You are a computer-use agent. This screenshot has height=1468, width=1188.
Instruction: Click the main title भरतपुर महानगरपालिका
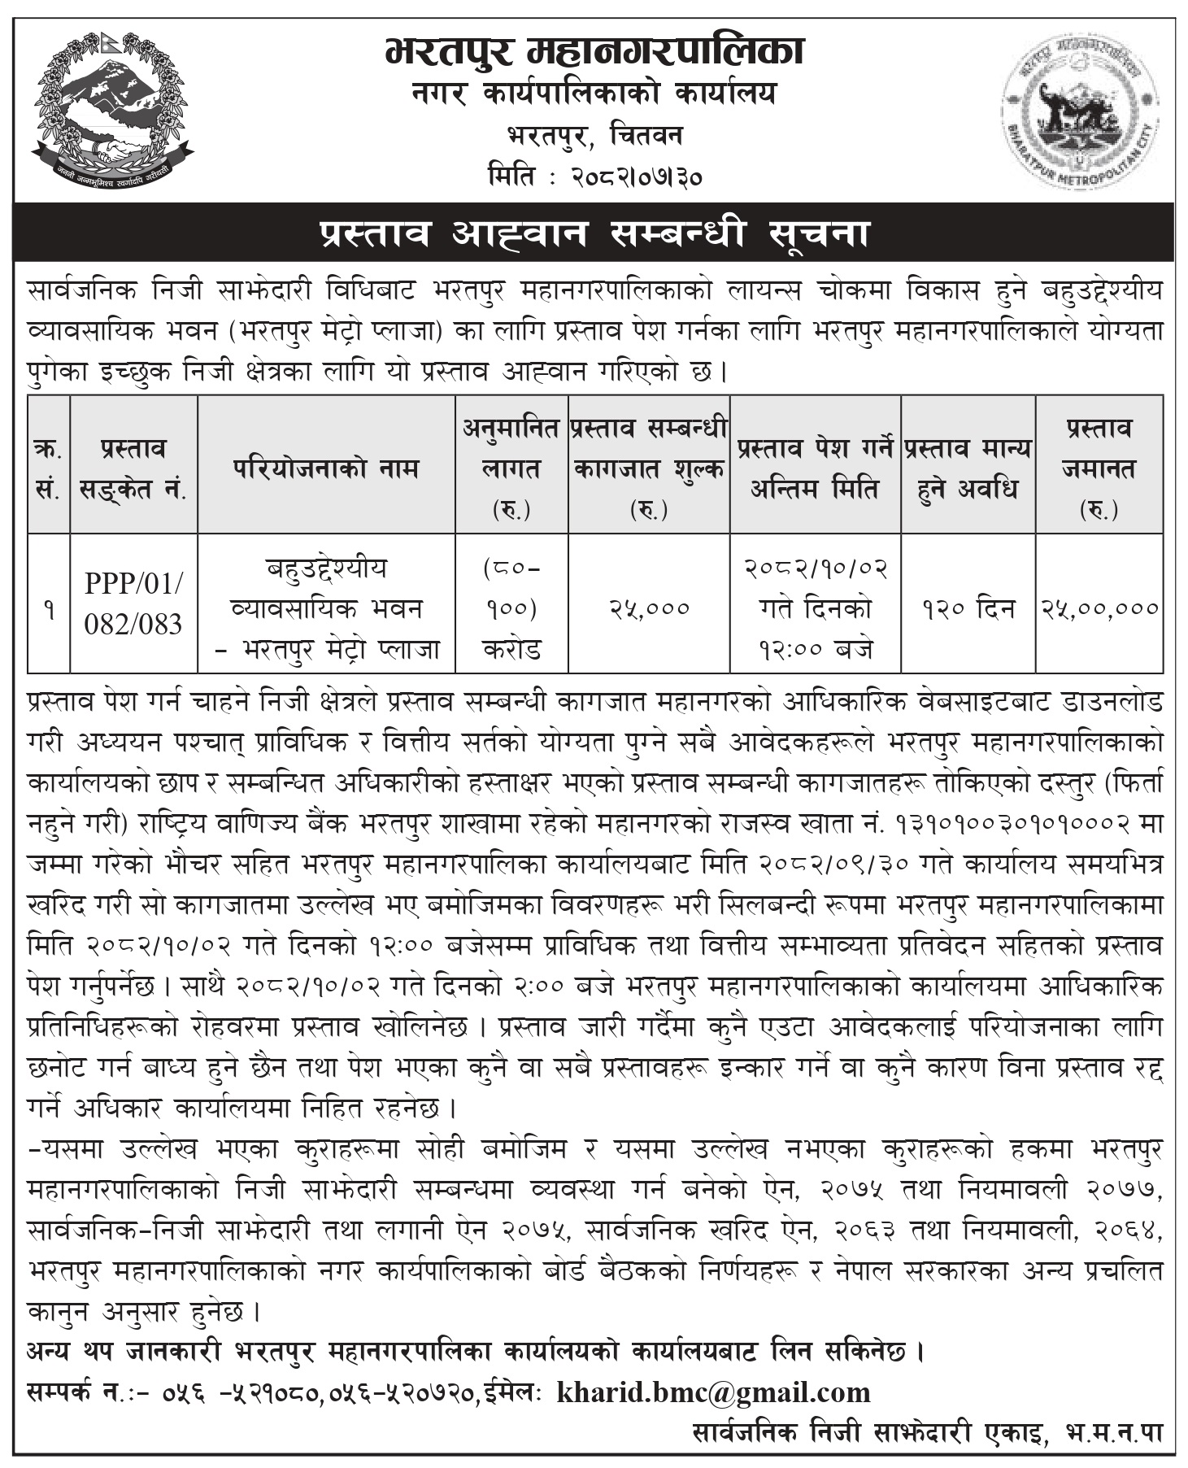pyautogui.click(x=594, y=50)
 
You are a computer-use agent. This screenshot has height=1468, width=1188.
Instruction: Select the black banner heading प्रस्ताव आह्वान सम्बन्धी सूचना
pyautogui.click(x=594, y=234)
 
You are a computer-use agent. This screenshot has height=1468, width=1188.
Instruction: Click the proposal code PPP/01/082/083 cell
pyautogui.click(x=133, y=603)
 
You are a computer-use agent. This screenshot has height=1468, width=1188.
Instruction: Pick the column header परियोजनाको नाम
pyautogui.click(x=326, y=468)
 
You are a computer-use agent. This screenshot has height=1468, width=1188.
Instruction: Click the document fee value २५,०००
pyautogui.click(x=649, y=608)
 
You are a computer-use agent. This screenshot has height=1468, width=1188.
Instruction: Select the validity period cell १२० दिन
pyautogui.click(x=968, y=608)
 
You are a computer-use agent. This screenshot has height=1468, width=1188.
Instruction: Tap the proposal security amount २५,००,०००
pyautogui.click(x=1099, y=608)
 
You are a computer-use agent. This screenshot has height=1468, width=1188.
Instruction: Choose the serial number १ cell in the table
pyautogui.click(x=49, y=608)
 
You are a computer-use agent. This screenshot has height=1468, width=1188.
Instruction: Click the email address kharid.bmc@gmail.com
pyautogui.click(x=713, y=1392)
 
